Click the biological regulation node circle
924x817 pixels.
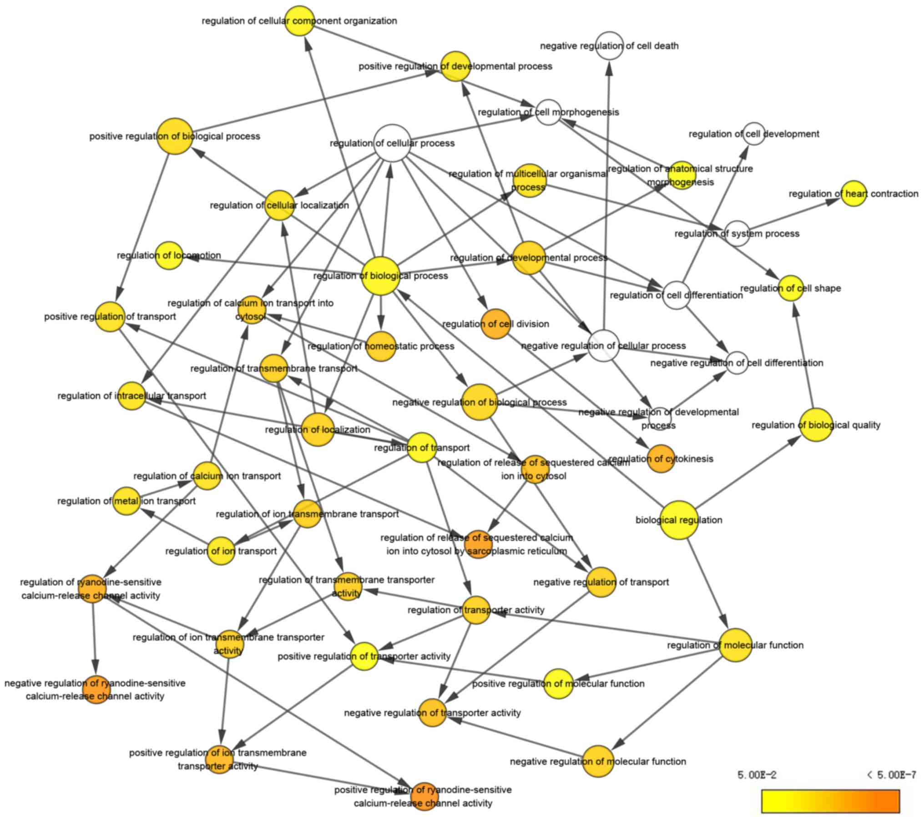(x=679, y=519)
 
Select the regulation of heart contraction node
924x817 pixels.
(x=853, y=194)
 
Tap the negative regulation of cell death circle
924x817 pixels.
(x=609, y=45)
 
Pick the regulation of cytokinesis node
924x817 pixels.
(x=661, y=459)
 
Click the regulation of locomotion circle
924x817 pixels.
(x=169, y=255)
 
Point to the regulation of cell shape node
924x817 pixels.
(x=791, y=288)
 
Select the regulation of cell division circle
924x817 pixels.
(x=495, y=324)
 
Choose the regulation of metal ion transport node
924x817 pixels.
(x=126, y=501)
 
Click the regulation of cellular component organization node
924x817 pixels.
(x=300, y=20)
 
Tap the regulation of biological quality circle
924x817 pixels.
(x=816, y=425)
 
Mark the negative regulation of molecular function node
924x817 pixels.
(x=598, y=761)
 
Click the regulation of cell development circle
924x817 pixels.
(x=754, y=134)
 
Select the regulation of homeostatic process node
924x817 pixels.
(x=381, y=346)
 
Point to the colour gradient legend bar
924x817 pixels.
(x=830, y=801)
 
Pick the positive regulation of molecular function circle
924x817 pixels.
(x=558, y=683)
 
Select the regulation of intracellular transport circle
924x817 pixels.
(x=132, y=396)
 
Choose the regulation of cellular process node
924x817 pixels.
(x=392, y=143)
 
